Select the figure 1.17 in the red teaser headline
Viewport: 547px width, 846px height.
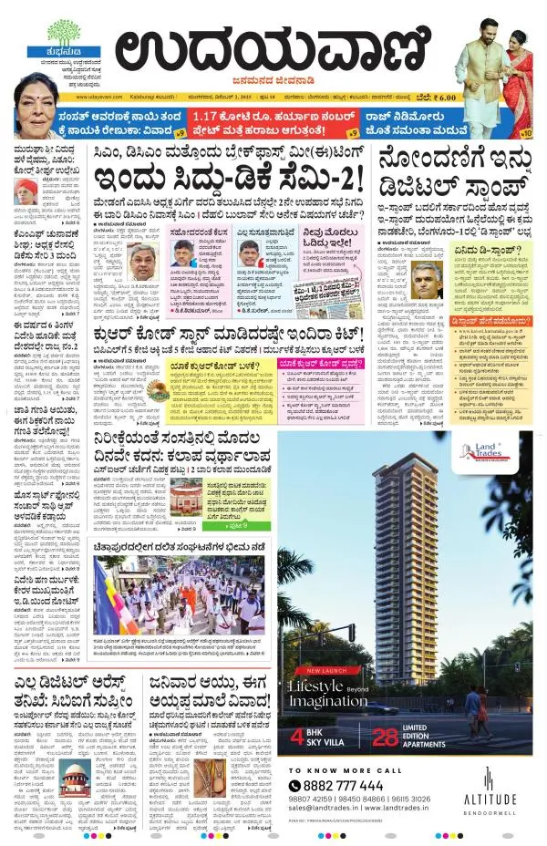tap(210, 116)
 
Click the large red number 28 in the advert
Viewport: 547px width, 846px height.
tap(386, 738)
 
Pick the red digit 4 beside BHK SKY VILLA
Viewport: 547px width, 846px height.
tap(296, 738)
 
